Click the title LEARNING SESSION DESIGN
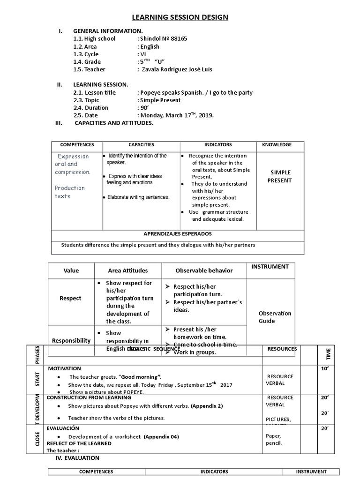click(x=180, y=18)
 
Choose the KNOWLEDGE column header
click(x=277, y=145)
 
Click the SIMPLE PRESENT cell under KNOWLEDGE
click(x=281, y=176)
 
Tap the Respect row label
click(x=70, y=298)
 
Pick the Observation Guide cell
click(x=275, y=317)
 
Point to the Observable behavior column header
click(x=203, y=270)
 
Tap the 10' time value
click(x=324, y=369)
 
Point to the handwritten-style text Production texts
click(x=69, y=192)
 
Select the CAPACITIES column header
click(x=141, y=145)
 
